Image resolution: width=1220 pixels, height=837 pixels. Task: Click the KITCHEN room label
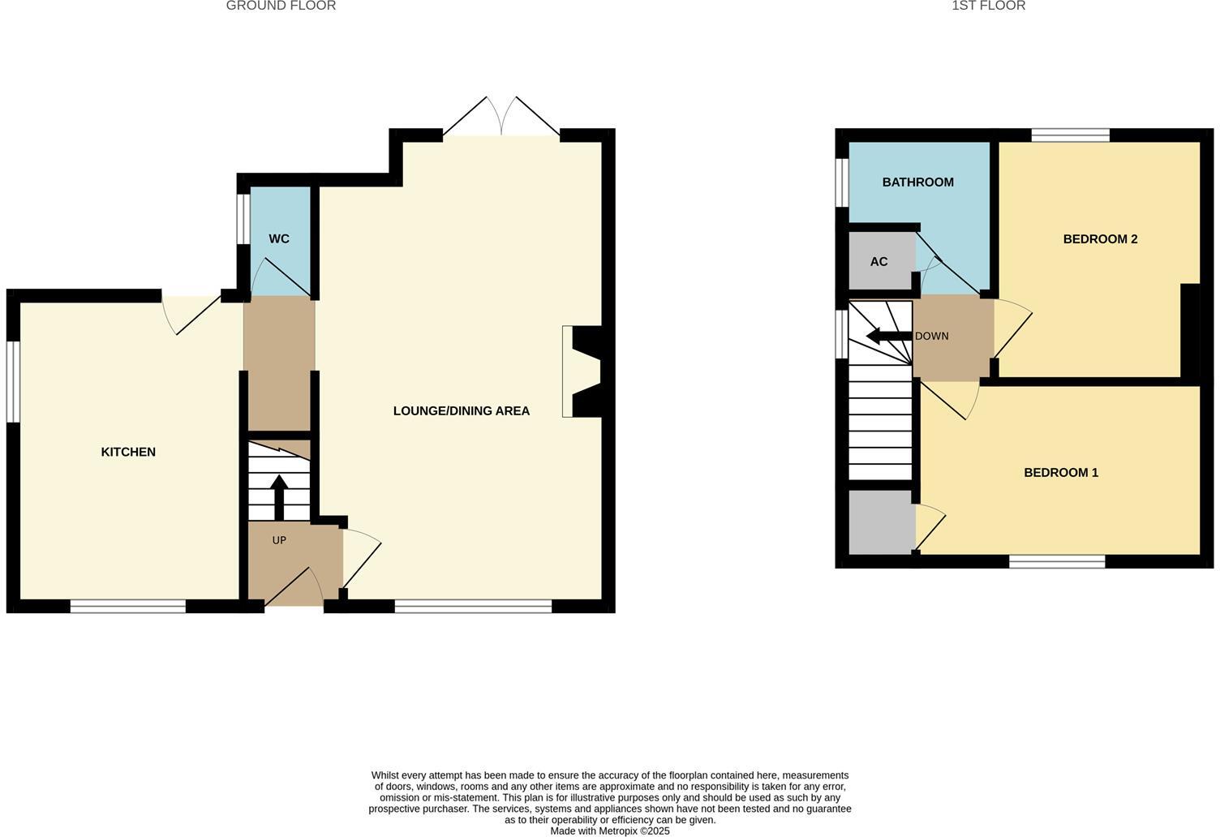128,452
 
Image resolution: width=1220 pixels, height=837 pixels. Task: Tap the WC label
279,238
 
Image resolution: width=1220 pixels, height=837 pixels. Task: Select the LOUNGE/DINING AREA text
461,410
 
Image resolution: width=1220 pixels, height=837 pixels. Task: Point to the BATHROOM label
917,182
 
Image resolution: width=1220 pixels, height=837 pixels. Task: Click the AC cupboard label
878,261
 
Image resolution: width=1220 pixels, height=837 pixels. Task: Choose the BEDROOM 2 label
1100,238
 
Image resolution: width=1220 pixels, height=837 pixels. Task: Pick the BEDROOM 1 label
1060,472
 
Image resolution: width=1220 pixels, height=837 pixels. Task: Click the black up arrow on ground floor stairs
279,496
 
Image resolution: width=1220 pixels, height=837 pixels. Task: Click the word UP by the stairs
279,540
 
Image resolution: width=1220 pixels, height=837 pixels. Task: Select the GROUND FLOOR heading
281,6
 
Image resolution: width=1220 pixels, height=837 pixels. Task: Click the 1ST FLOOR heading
988,6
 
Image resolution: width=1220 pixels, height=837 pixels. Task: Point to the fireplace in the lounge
582,371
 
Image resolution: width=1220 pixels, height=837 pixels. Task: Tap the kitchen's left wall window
13,381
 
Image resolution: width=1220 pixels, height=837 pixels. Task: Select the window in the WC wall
243,217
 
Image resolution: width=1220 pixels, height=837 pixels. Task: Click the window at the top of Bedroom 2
1070,135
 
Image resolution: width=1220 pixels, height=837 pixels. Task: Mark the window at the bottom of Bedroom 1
1057,561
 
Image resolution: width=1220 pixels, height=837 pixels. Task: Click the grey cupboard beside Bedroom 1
881,522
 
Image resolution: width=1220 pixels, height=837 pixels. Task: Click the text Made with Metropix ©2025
610,831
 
